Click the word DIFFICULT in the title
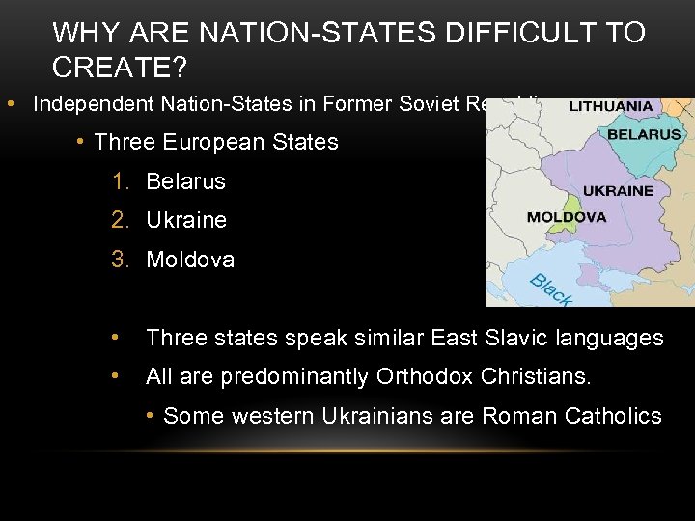point(503,33)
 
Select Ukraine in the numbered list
point(186,220)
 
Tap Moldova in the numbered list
point(190,260)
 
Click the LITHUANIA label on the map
point(610,106)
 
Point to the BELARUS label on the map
point(644,135)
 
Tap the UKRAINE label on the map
point(619,191)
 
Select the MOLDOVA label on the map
point(567,217)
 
